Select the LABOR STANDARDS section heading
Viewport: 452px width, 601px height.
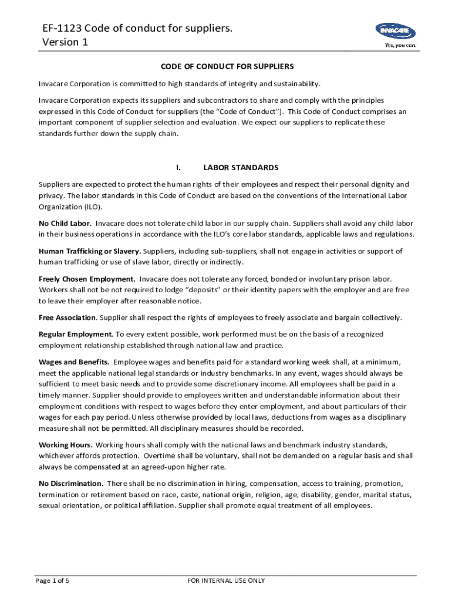[237, 167]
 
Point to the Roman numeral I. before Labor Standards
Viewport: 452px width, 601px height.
[177, 167]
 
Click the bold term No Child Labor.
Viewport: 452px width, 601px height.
[65, 223]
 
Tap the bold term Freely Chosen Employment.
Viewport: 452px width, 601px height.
[87, 279]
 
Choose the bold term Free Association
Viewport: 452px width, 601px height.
[68, 318]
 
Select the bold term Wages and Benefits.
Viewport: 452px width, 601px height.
[73, 362]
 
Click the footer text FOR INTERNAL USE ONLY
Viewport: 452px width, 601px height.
[226, 580]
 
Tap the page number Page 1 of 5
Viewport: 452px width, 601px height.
[52, 580]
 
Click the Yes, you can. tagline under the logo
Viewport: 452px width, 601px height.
[400, 45]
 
